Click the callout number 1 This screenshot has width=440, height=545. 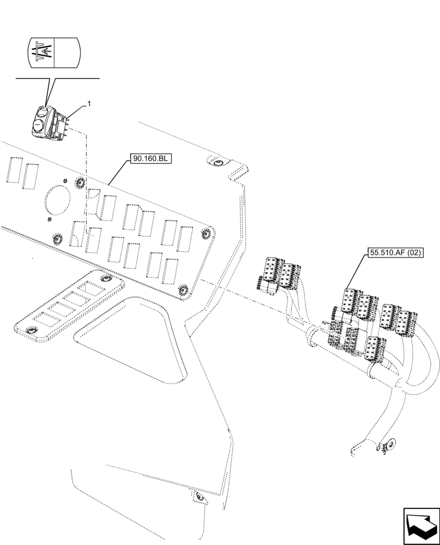(x=89, y=103)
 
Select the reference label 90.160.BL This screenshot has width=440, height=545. (x=151, y=159)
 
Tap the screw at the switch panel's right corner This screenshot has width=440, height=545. (x=206, y=233)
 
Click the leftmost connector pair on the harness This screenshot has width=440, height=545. (x=279, y=272)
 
